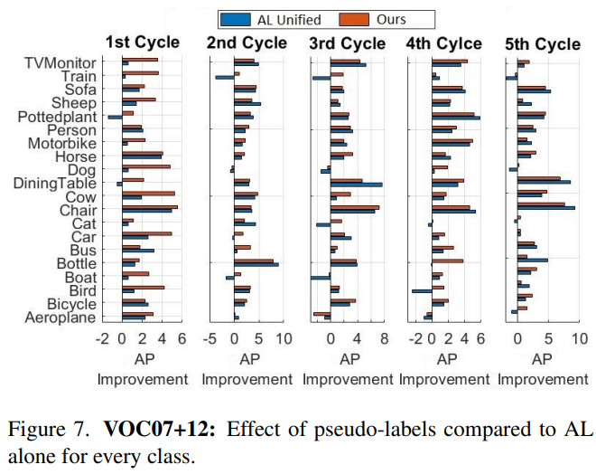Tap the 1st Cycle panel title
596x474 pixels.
(143, 43)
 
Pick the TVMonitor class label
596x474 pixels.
(61, 62)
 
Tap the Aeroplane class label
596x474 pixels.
(61, 317)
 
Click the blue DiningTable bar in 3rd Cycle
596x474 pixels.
(356, 185)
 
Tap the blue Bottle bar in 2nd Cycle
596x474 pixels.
(256, 265)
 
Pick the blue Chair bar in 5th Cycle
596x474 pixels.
(545, 208)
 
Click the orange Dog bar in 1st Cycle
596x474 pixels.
(145, 166)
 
